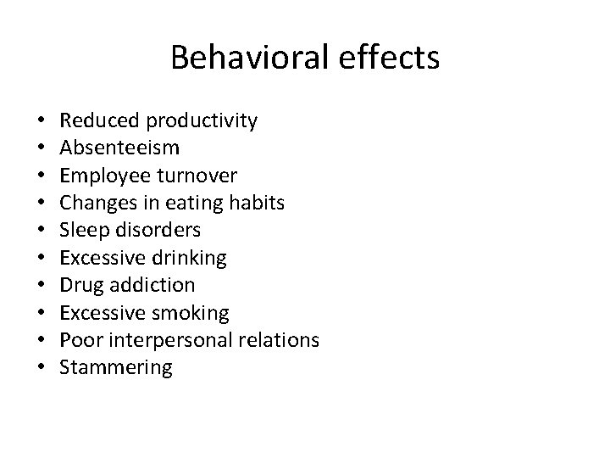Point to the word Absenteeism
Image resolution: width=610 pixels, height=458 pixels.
point(119,148)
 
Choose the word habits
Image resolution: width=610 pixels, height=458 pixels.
point(254,203)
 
